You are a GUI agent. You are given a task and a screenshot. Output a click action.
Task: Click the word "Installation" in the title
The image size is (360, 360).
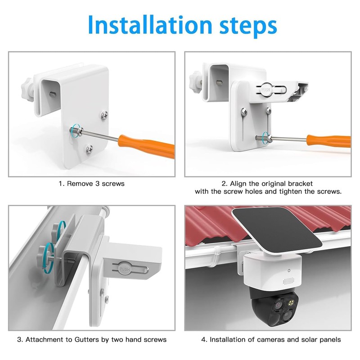point(145,26)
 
